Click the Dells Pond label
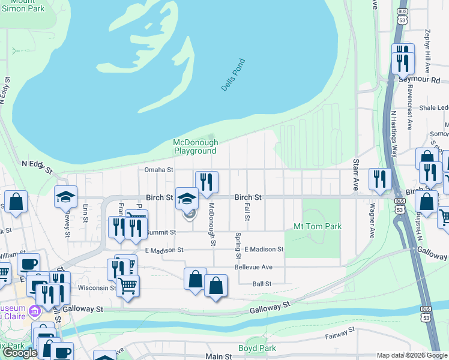click(234, 75)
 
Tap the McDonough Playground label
click(194, 146)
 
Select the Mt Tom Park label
click(317, 227)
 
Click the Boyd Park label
click(256, 348)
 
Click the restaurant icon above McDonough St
click(206, 182)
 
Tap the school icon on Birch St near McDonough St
click(187, 198)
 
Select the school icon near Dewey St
click(66, 197)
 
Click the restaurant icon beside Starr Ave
click(380, 179)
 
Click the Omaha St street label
click(158, 170)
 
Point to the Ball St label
click(262, 284)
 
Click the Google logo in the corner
click(20, 353)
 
